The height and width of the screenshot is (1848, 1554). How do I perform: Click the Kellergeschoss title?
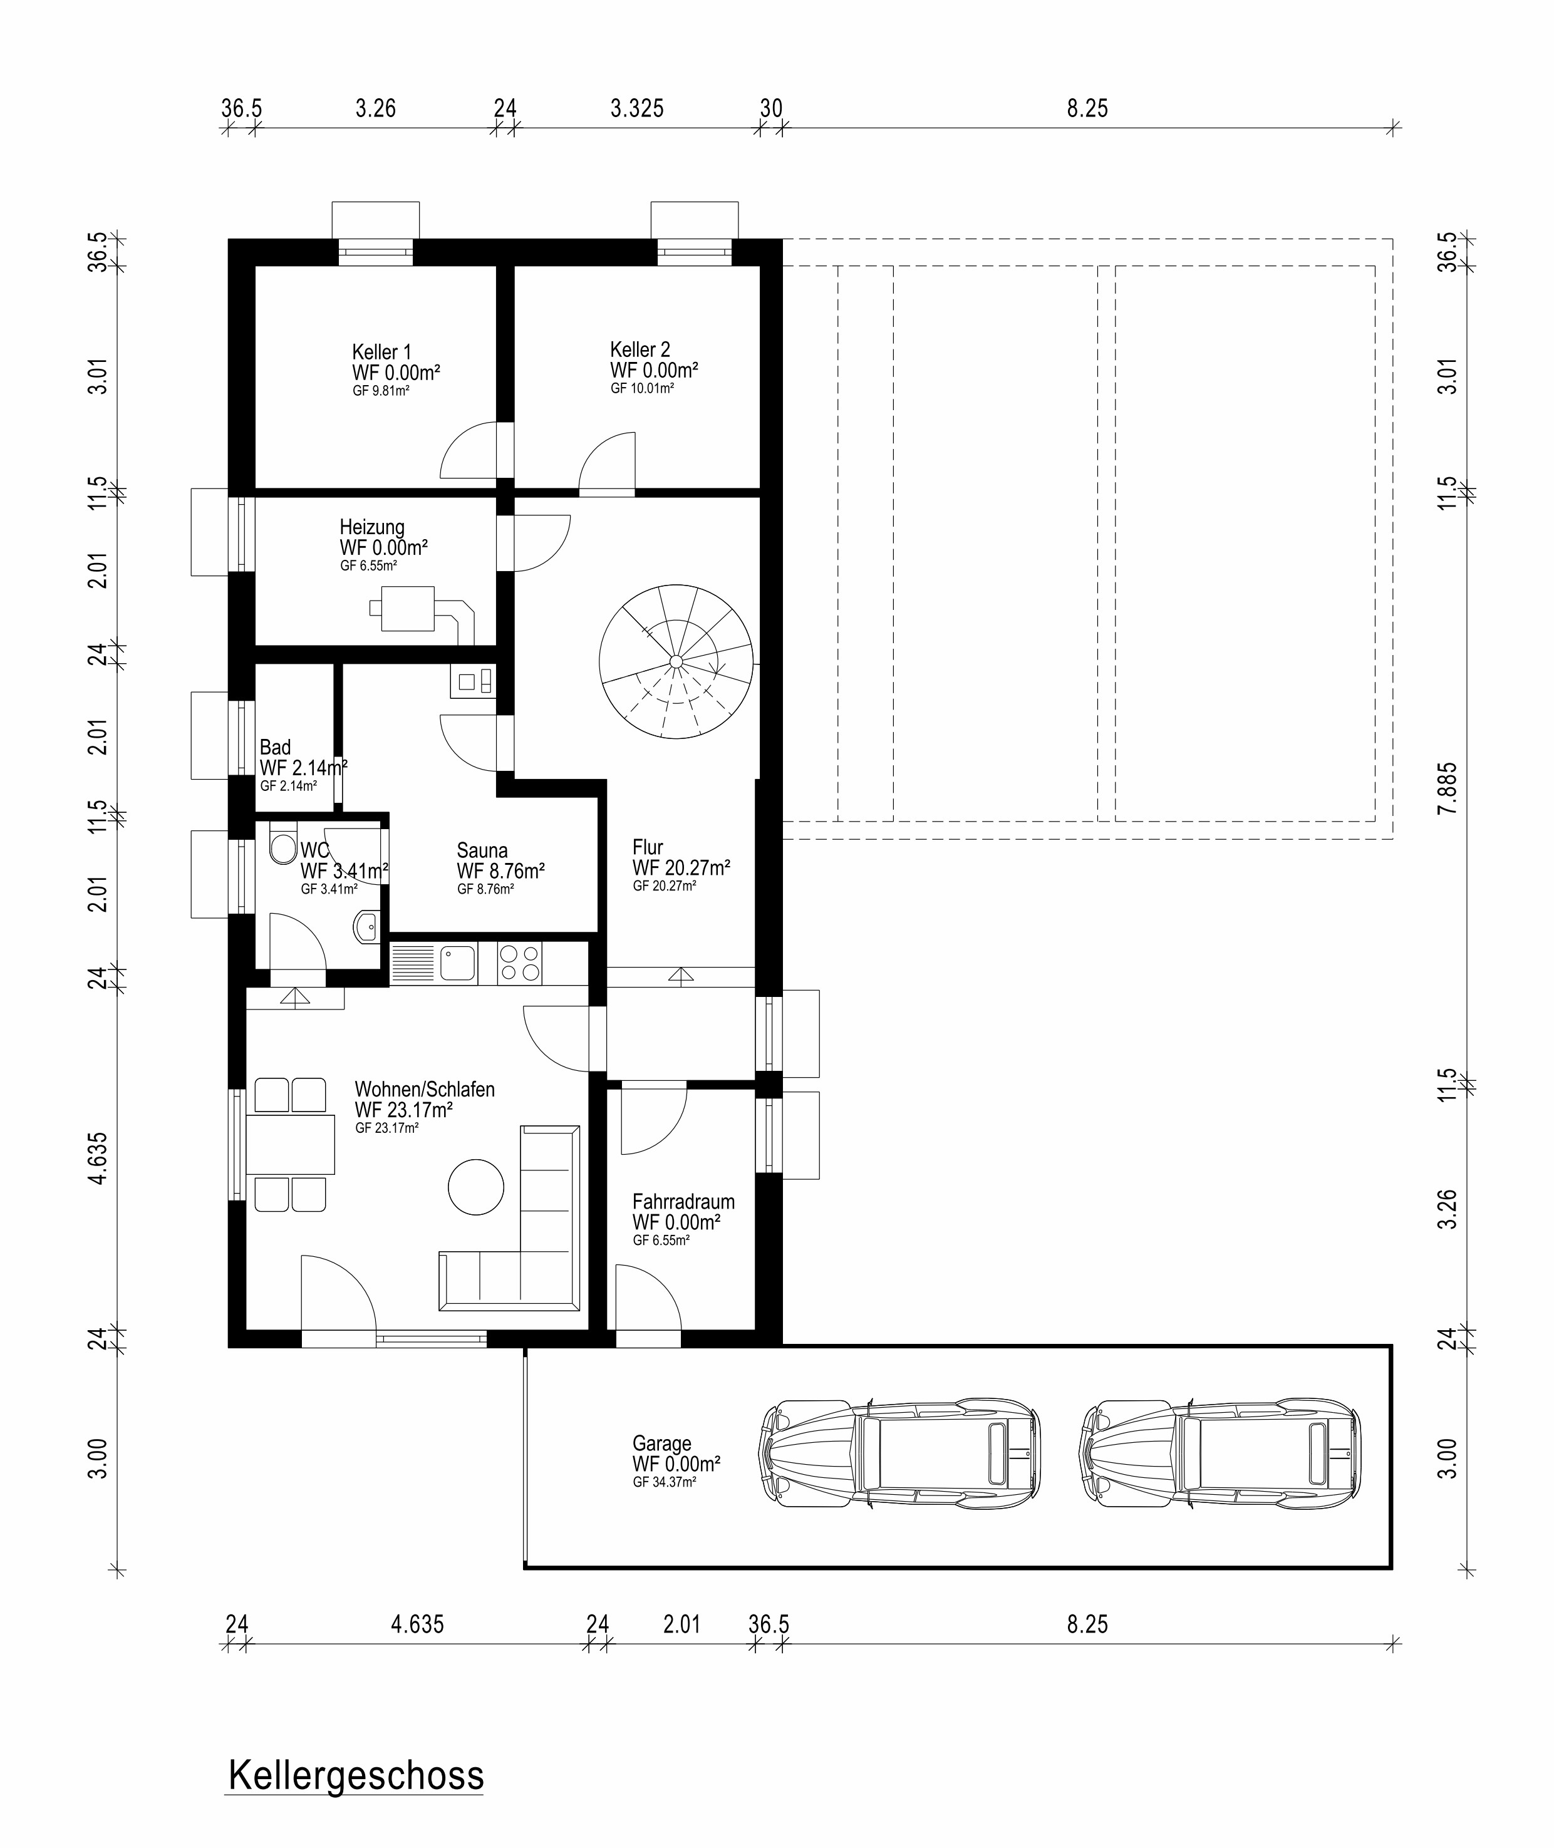pos(356,1776)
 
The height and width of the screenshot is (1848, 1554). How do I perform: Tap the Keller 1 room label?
pos(381,353)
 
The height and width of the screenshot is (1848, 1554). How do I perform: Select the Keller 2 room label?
pos(640,349)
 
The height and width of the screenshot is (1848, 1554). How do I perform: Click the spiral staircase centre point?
pos(676,661)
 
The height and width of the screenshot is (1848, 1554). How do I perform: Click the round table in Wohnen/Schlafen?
pos(475,1187)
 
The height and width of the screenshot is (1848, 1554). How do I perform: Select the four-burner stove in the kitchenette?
pos(520,964)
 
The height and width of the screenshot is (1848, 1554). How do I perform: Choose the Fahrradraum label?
pos(683,1202)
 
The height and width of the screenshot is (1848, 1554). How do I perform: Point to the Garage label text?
pos(661,1443)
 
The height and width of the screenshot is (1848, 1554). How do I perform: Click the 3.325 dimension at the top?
pos(637,108)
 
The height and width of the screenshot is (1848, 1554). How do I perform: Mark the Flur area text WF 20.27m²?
pos(681,867)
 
